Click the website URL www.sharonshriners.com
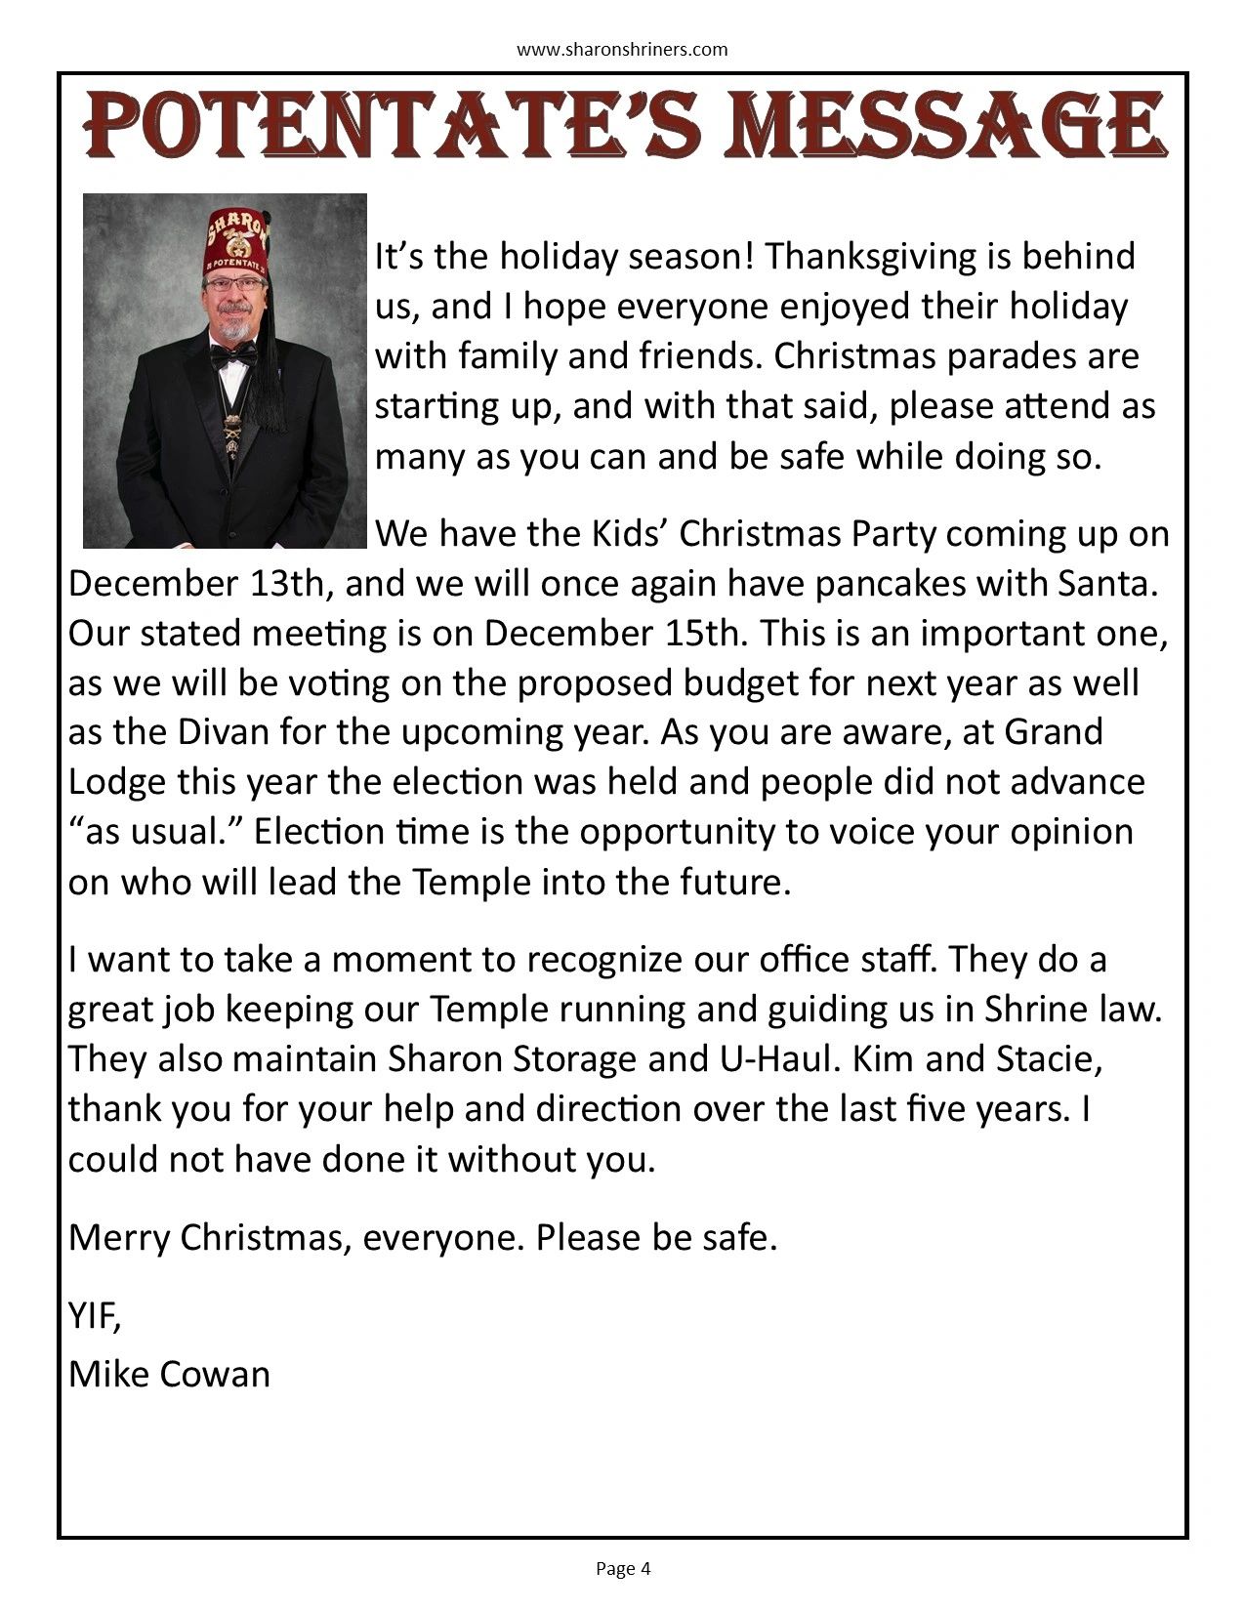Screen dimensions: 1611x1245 point(622,49)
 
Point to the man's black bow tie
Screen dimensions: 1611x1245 point(234,355)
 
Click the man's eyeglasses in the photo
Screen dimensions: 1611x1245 point(235,284)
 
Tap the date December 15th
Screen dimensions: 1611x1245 point(616,634)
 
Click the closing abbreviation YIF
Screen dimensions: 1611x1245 point(95,1317)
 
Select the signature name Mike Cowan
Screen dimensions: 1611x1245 point(169,1375)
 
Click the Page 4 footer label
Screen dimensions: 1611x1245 point(622,1569)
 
